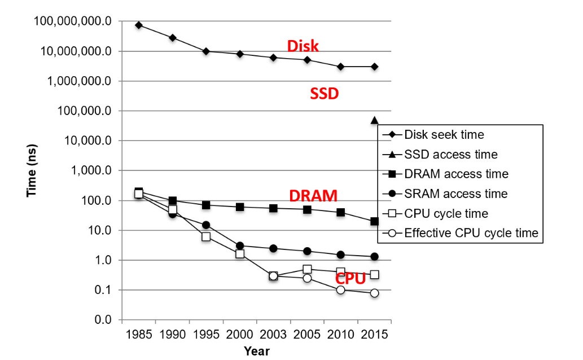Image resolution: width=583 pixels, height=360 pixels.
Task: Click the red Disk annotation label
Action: coord(303,46)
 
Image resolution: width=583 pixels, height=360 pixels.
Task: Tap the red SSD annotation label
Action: coord(324,94)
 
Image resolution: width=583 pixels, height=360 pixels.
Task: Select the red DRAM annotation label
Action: coord(313,196)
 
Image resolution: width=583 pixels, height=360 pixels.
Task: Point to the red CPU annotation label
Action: coord(350,278)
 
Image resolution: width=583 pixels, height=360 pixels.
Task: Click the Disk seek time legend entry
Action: coord(444,135)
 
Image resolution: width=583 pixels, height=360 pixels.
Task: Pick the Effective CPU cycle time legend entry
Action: coord(471,233)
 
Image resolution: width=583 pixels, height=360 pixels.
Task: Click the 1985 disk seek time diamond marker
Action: coord(139,25)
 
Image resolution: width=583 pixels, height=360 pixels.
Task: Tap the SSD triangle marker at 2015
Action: coord(374,120)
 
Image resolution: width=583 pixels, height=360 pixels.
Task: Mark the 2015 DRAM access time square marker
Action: coord(374,221)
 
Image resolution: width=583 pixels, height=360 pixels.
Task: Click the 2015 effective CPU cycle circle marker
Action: coord(374,293)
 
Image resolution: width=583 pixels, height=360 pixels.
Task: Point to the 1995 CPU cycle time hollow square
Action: coord(206,236)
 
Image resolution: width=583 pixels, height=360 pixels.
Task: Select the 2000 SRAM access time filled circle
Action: coord(240,245)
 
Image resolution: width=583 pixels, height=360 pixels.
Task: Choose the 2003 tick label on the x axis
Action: coord(273,334)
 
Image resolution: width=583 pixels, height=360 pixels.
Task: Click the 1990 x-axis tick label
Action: coord(172,334)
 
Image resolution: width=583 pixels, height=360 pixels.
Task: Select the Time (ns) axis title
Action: coord(32,170)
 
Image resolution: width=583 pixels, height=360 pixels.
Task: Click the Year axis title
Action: coord(257,351)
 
